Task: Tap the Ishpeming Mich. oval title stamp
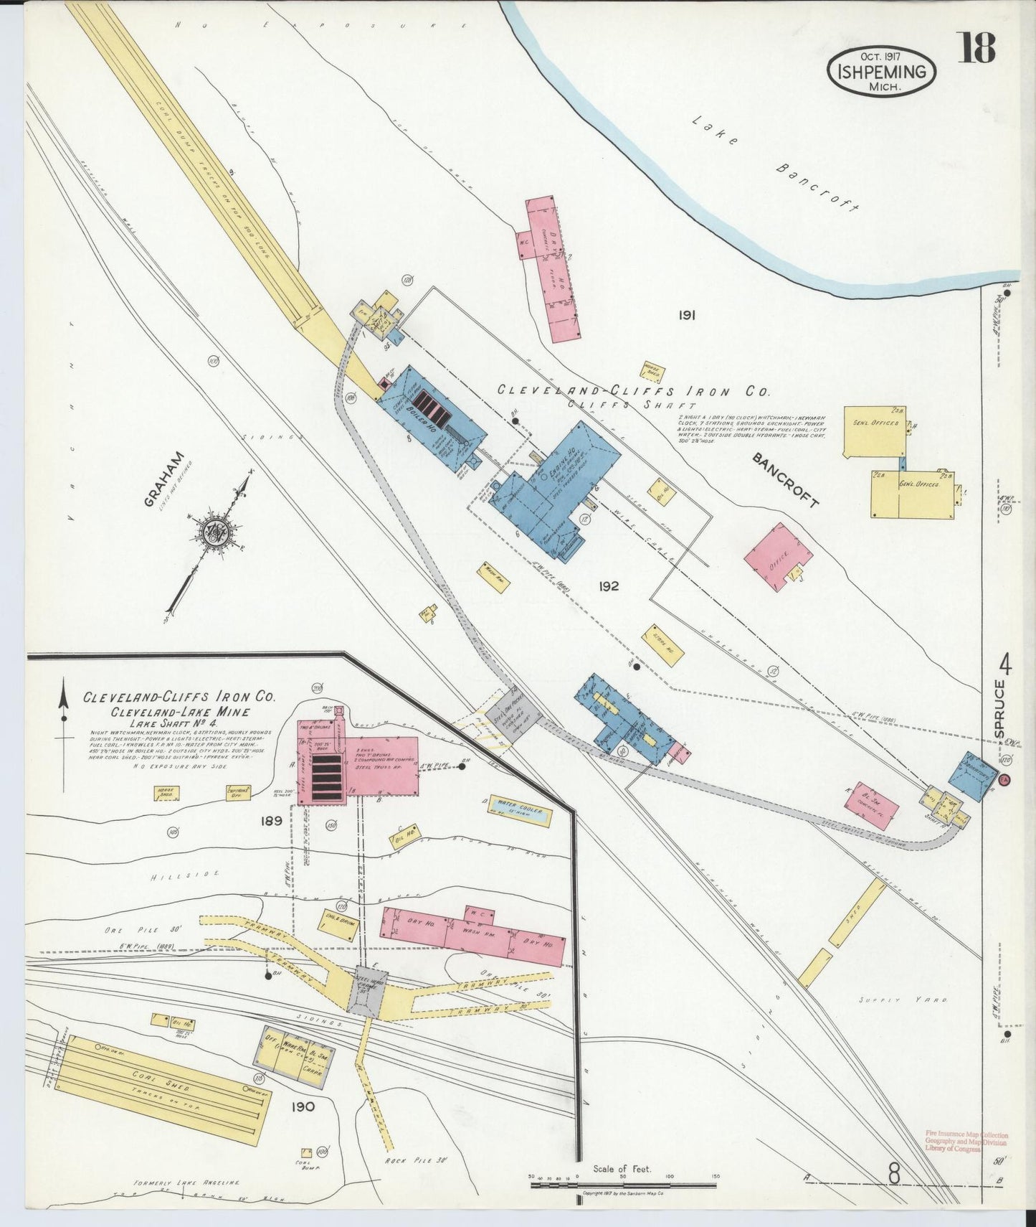[882, 72]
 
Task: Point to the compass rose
[214, 532]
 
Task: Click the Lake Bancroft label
[774, 164]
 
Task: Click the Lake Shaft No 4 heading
[166, 725]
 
